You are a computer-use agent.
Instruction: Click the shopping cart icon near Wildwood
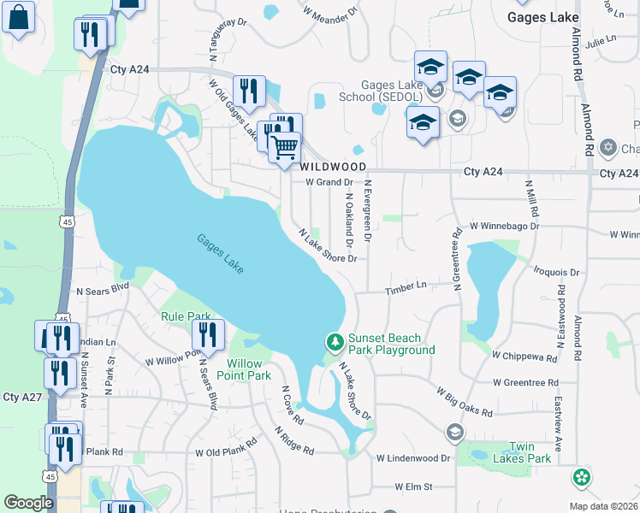point(284,146)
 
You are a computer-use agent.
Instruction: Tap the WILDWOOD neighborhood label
point(333,167)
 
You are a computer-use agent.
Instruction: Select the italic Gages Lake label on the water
point(221,254)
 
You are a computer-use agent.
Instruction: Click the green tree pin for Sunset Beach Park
point(335,343)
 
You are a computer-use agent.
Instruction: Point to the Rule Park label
point(186,316)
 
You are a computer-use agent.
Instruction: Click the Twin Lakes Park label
point(528,452)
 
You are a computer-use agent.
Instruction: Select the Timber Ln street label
point(406,289)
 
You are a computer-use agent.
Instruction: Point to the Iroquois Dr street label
point(557,272)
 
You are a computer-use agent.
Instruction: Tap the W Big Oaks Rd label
point(465,402)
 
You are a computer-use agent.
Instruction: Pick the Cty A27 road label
point(22,397)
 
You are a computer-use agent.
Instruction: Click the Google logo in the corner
point(28,503)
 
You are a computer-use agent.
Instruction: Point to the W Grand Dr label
point(329,182)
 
